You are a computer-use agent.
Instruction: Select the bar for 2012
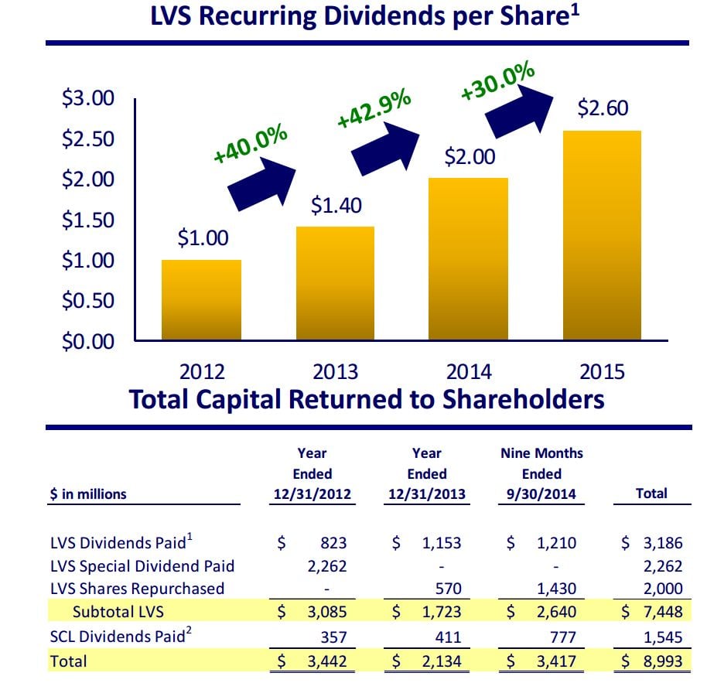(202, 300)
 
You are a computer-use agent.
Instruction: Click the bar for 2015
(602, 235)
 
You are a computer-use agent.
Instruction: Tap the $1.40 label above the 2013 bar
(336, 207)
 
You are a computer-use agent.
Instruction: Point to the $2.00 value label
(470, 158)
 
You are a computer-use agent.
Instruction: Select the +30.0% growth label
(497, 81)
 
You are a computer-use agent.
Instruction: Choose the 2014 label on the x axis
(469, 372)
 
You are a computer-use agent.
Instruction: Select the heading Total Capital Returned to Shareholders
(367, 400)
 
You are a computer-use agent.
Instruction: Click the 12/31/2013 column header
(426, 494)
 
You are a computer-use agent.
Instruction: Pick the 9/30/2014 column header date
(541, 494)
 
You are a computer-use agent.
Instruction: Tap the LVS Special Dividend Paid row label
(142, 566)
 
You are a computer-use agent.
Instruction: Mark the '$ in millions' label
(88, 493)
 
